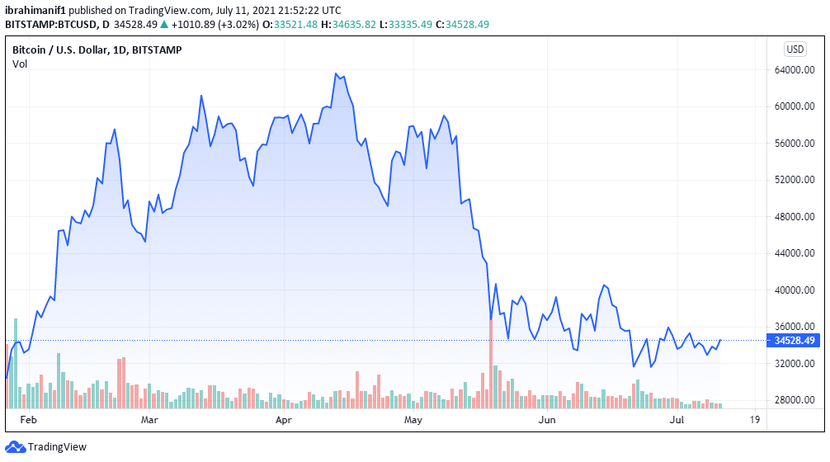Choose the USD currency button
(x=795, y=49)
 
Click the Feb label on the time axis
(x=29, y=420)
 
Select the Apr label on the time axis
(x=283, y=420)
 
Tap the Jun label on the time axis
(x=546, y=420)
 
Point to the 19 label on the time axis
(x=754, y=420)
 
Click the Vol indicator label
(x=20, y=64)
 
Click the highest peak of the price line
(x=336, y=73)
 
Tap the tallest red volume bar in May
(x=491, y=363)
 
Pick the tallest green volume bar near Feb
(x=15, y=363)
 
